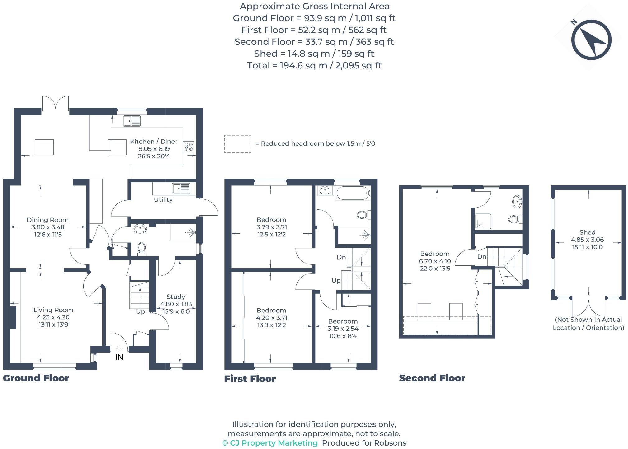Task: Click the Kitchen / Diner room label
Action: click(154, 142)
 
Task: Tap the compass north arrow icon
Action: click(591, 40)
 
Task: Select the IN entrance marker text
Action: click(119, 357)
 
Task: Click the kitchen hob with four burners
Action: click(189, 147)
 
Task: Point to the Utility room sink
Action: click(181, 189)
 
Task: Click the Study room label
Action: click(176, 297)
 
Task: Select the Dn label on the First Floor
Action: click(341, 257)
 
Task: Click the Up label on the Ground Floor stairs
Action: click(140, 312)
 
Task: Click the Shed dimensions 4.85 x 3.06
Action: click(587, 240)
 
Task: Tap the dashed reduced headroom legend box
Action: click(238, 144)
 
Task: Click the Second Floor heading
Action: click(432, 378)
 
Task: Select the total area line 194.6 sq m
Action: click(314, 65)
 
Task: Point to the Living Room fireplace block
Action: click(13, 317)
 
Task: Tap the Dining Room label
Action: click(48, 220)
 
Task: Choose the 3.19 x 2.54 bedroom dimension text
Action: click(343, 329)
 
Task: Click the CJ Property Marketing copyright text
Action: click(270, 443)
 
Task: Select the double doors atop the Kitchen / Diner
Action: click(56, 103)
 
